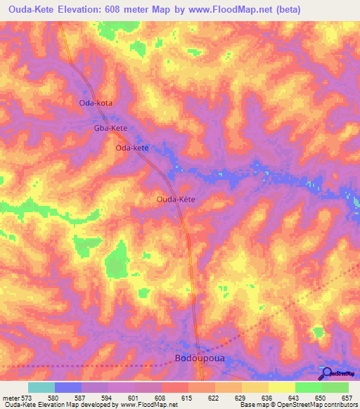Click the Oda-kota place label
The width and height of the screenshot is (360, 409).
tap(96, 103)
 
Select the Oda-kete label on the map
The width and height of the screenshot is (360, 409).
tap(132, 148)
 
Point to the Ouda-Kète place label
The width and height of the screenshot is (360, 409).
tap(175, 200)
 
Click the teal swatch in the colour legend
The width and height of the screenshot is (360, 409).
tap(41, 387)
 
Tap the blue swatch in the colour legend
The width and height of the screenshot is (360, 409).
tap(68, 387)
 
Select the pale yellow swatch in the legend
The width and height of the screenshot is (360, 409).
tap(281, 387)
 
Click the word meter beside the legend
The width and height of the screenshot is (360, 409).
tap(11, 398)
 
